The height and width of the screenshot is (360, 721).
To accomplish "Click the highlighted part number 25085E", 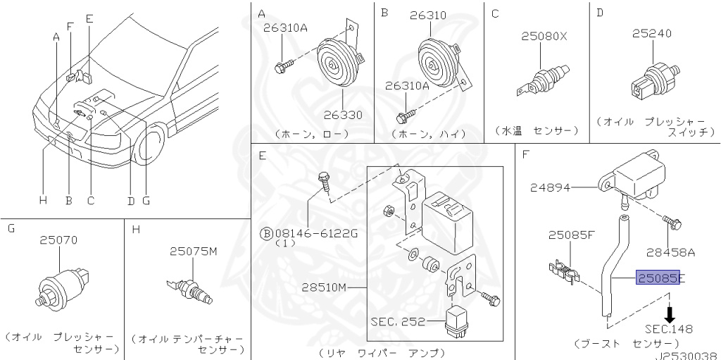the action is (x=658, y=278).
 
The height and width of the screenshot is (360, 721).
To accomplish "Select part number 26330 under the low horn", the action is (x=343, y=115).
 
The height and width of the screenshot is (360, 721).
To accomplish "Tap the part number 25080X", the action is (x=544, y=36).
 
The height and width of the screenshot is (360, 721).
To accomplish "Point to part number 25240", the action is (x=651, y=33).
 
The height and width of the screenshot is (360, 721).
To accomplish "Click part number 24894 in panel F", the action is (x=549, y=187).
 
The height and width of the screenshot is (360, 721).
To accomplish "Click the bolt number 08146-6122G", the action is (x=315, y=234).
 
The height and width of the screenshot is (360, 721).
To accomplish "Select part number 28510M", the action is (x=324, y=287).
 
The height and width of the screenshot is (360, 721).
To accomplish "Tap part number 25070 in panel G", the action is (x=58, y=240).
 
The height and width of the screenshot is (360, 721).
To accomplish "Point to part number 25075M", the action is (x=193, y=251).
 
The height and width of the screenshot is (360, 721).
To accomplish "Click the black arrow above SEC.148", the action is (x=670, y=314).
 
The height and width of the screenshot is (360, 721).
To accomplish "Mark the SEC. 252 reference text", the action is (x=398, y=321).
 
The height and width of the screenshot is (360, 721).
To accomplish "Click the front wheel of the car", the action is (x=150, y=143).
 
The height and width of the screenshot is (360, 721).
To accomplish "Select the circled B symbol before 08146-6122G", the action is (x=267, y=234).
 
